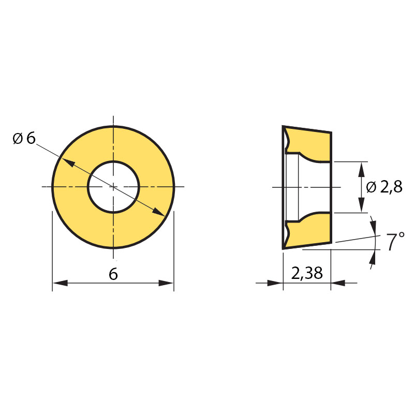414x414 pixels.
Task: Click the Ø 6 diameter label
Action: pyautogui.click(x=24, y=138)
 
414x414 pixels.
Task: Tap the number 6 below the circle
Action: pyautogui.click(x=113, y=274)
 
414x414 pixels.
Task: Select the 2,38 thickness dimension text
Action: pyautogui.click(x=307, y=273)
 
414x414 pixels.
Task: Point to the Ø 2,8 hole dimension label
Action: pyautogui.click(x=384, y=187)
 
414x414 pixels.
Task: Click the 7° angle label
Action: pyautogui.click(x=395, y=241)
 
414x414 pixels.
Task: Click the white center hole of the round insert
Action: pyautogui.click(x=113, y=187)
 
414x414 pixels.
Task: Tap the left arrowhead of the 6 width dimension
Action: pyautogui.click(x=60, y=283)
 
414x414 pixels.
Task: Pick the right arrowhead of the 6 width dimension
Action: pyautogui.click(x=166, y=283)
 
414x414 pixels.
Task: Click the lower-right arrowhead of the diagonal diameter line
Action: pyautogui.click(x=158, y=212)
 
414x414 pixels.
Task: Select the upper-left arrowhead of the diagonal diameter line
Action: pyautogui.click(x=68, y=162)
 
